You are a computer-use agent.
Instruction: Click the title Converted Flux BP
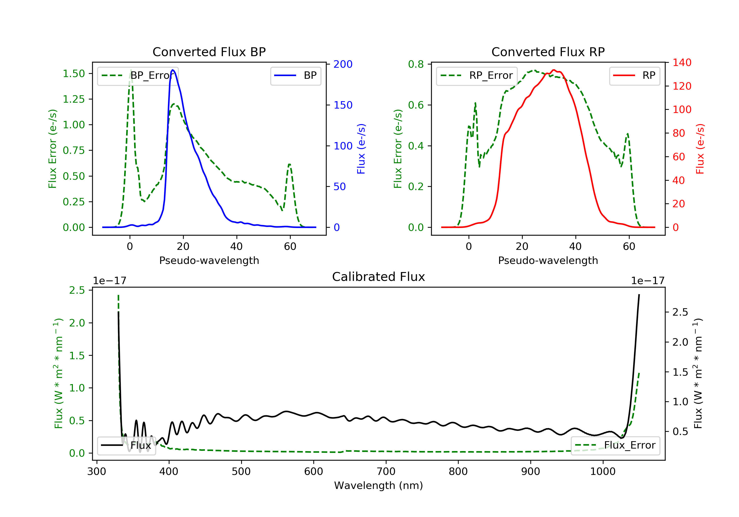point(209,52)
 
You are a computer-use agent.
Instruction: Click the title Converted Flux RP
point(548,52)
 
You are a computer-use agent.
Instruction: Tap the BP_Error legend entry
point(138,76)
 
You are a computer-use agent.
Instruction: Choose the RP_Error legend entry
point(477,76)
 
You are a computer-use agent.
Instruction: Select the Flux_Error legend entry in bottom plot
point(615,445)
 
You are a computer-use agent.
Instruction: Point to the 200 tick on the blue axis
point(343,64)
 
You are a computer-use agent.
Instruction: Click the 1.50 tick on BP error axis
point(74,74)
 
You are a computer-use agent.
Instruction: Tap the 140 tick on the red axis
point(682,63)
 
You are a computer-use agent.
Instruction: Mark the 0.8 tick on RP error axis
point(416,64)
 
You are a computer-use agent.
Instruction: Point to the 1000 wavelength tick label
point(603,472)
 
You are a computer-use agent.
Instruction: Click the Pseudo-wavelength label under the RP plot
point(548,260)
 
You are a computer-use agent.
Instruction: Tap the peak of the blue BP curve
point(173,70)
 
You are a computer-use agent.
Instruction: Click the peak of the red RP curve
point(554,70)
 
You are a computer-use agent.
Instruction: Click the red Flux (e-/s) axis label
point(700,149)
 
